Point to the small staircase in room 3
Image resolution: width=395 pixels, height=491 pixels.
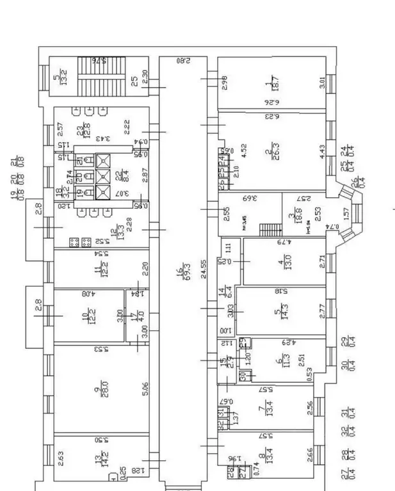pyautogui.click(x=274, y=229)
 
